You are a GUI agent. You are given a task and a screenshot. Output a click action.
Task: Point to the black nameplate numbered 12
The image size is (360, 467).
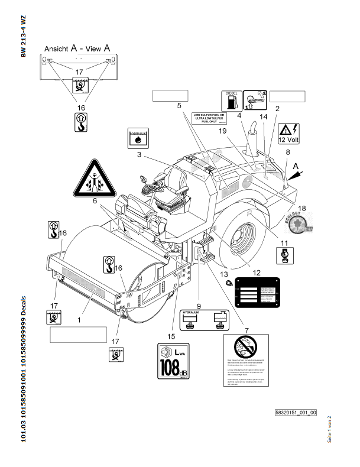coord(257,291)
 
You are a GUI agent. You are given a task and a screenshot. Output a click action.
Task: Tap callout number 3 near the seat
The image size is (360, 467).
coord(138,155)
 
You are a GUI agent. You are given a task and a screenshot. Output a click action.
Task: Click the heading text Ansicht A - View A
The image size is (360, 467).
coord(79,50)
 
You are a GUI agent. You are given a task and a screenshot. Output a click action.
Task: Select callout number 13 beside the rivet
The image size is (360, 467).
coord(223,274)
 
